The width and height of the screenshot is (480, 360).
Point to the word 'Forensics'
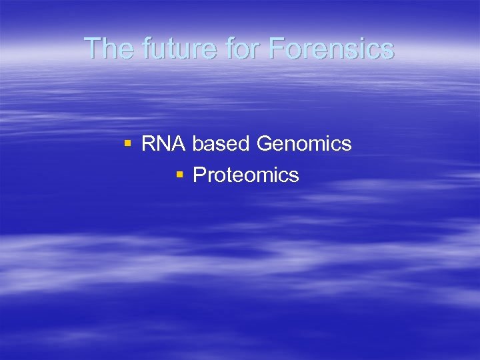(x=331, y=48)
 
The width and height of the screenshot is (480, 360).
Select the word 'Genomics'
(x=304, y=143)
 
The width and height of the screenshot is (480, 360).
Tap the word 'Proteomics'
(x=246, y=175)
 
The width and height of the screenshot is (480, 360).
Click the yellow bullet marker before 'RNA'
(x=127, y=143)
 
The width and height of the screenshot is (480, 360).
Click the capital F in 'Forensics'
(x=276, y=48)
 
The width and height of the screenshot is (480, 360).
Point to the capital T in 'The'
(x=93, y=48)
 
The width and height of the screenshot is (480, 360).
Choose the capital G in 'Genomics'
(x=265, y=143)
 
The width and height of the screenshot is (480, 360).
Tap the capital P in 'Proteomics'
(x=199, y=175)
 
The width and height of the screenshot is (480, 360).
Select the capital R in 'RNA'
(x=149, y=143)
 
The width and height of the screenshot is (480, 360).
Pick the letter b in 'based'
(x=198, y=143)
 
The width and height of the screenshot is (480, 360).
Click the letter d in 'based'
(x=244, y=143)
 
